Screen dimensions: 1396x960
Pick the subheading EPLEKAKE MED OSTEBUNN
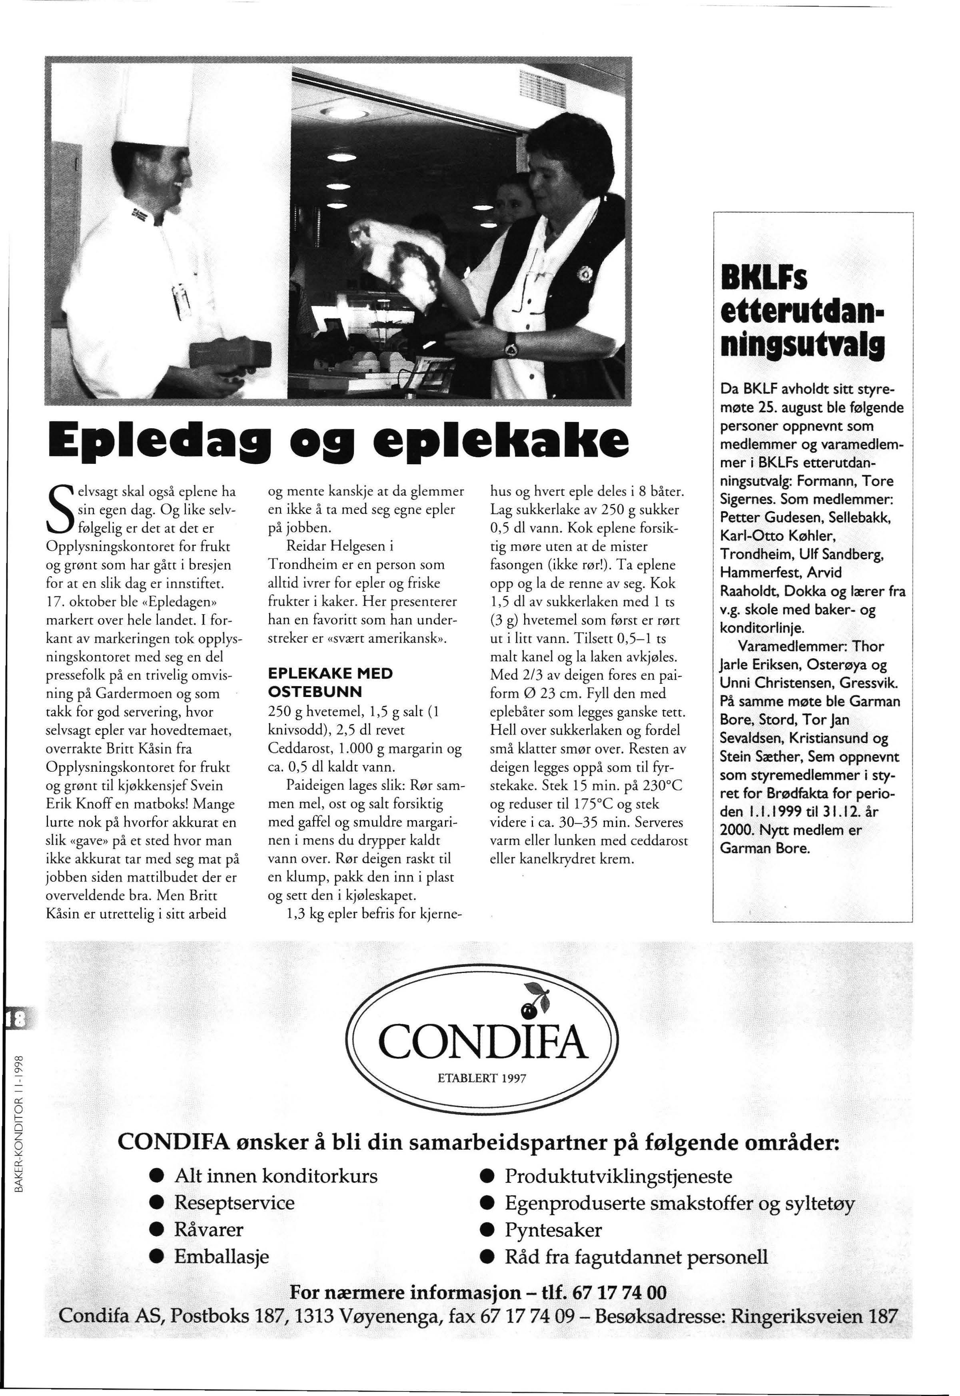pos(330,683)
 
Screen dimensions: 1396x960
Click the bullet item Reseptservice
pos(234,1202)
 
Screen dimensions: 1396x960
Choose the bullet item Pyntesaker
pos(553,1230)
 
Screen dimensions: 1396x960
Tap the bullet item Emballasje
pos(222,1257)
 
